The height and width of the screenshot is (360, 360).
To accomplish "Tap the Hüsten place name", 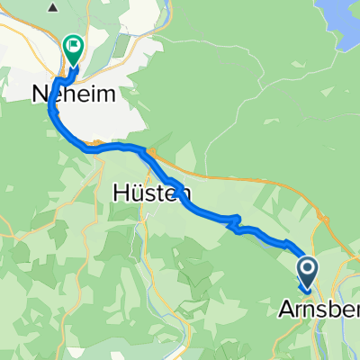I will pos(150,191).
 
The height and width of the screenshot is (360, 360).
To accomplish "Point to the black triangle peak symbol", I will pos(53,8).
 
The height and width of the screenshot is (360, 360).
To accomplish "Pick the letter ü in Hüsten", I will pos(139,191).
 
